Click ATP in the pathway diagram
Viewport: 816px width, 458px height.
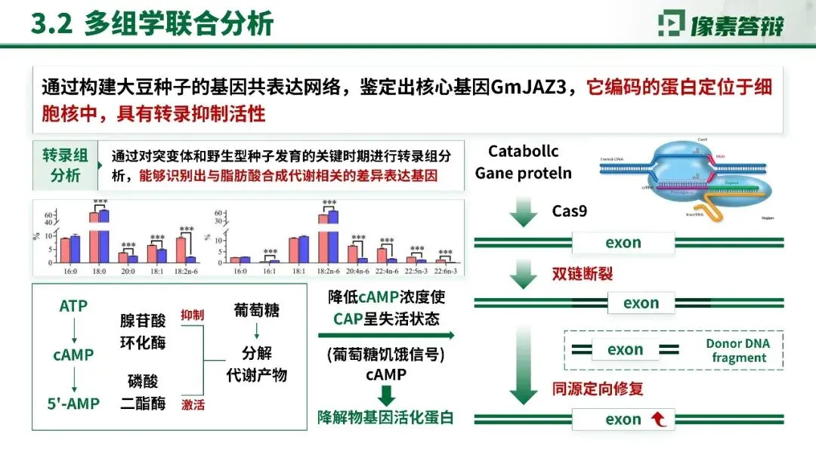coord(73,306)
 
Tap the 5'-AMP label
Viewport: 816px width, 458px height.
coord(73,404)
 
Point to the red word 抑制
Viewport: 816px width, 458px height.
coord(192,314)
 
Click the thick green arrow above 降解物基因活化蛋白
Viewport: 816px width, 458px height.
coord(386,395)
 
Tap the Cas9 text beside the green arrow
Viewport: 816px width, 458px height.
coord(569,211)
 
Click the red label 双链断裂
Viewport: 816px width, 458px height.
coord(582,272)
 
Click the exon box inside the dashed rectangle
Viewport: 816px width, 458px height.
coord(625,349)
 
